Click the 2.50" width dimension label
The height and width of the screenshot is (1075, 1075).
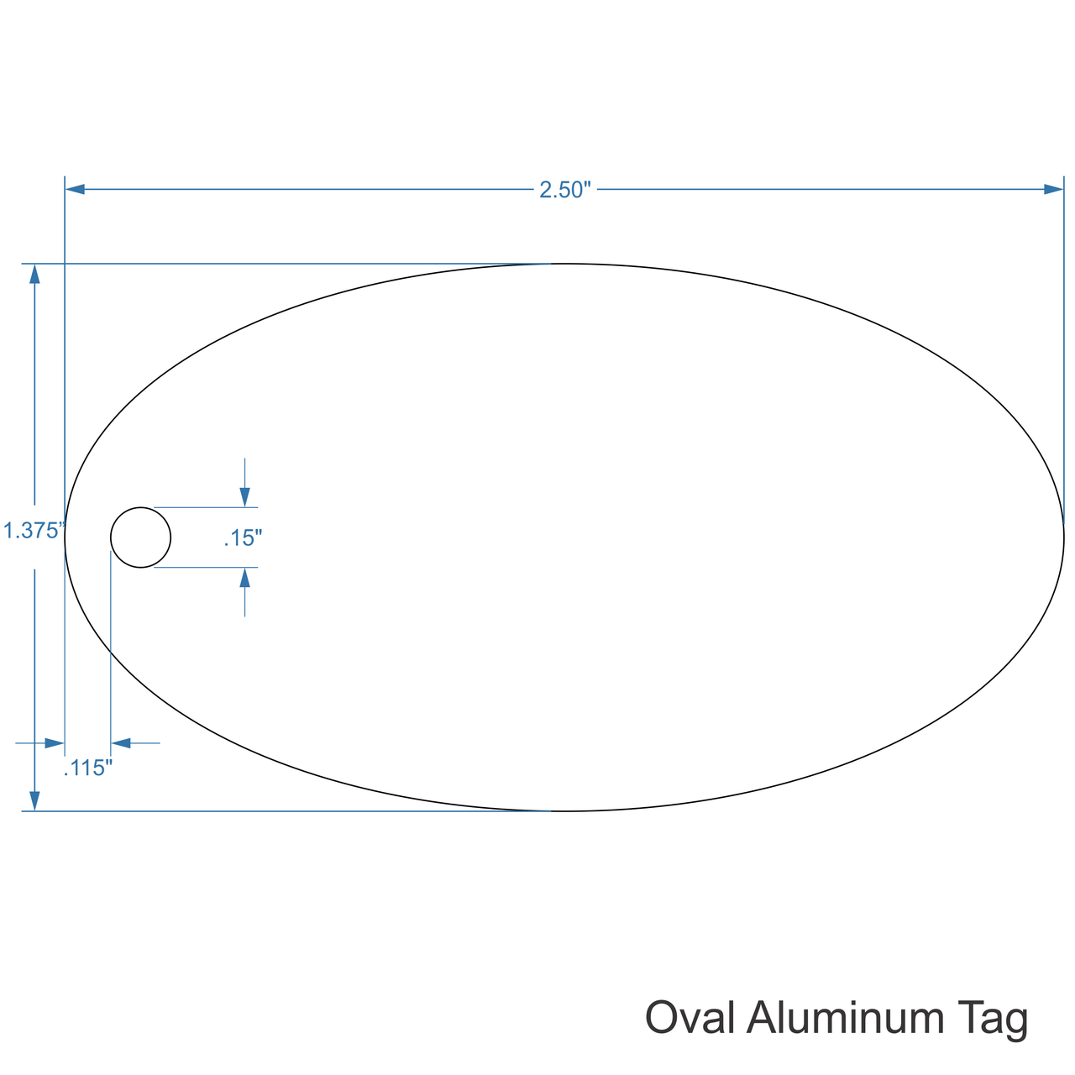566,190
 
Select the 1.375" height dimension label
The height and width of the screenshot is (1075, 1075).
34,531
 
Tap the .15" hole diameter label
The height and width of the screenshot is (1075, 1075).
244,537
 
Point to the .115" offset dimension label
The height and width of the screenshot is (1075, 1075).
88,768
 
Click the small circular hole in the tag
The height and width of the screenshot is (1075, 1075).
141,537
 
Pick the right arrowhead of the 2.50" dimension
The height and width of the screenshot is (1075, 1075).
1053,189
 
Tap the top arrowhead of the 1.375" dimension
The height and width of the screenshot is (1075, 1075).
34,274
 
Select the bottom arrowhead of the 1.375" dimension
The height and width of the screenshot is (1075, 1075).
34,800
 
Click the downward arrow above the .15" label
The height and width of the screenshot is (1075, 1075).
244,496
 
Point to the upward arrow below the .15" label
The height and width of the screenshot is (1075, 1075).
244,578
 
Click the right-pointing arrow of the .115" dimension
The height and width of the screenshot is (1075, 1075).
55,743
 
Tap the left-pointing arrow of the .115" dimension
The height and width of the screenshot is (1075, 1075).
121,743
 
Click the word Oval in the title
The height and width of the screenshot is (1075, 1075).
690,1018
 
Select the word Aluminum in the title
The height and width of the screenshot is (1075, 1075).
846,1018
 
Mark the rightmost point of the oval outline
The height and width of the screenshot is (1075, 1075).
1063,537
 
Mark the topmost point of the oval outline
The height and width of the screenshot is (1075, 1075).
564,264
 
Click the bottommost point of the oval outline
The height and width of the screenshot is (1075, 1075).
564,811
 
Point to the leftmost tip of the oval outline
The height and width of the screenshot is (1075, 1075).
66,537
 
